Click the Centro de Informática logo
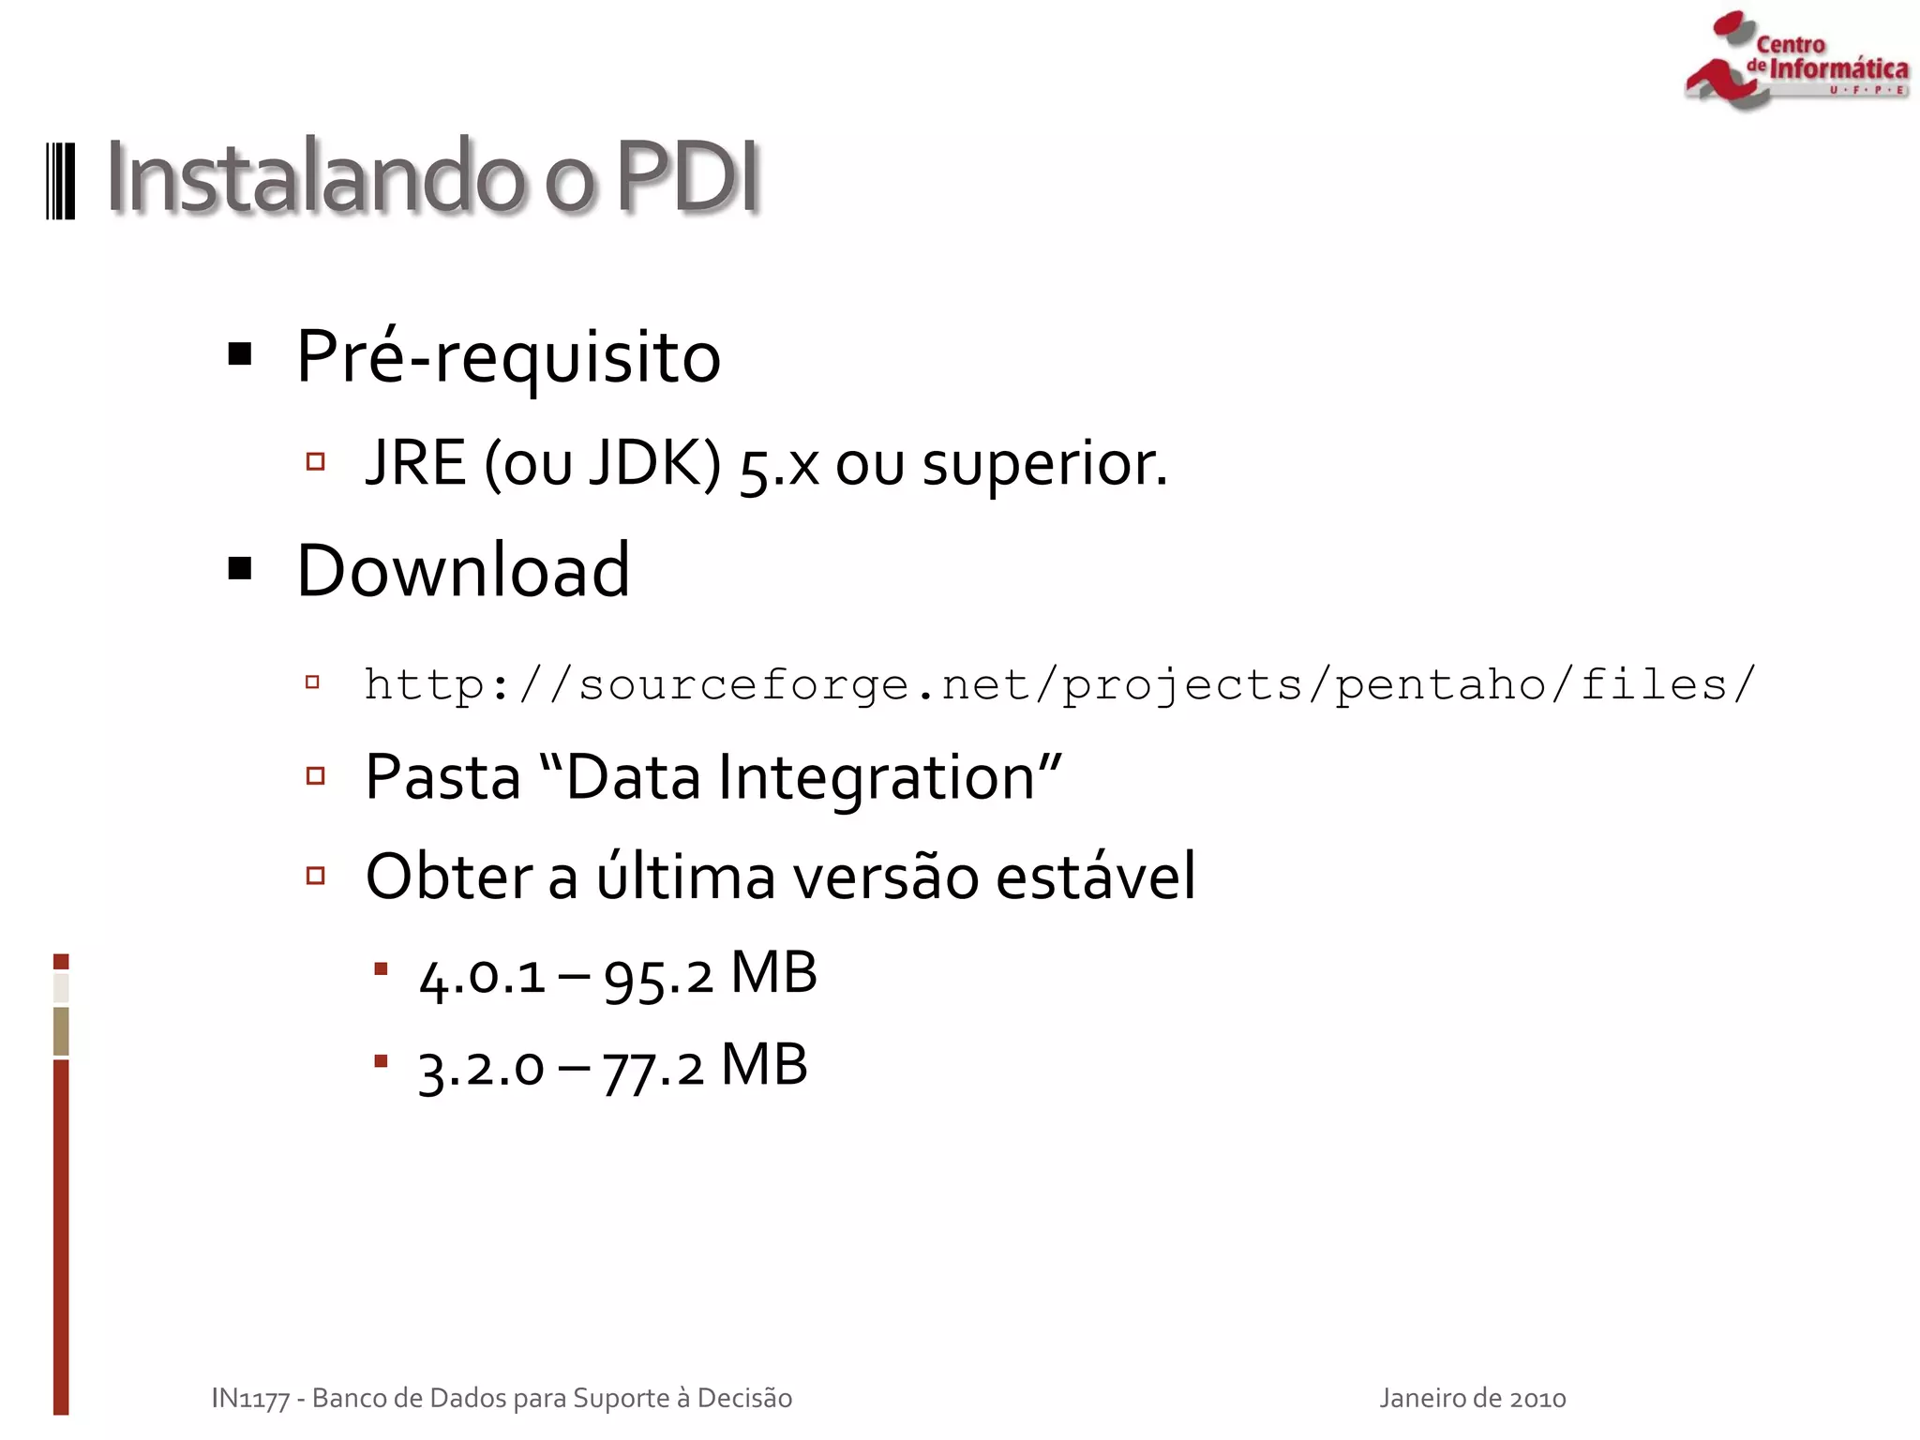click(x=1795, y=62)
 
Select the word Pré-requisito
click(x=508, y=357)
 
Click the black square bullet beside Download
click(x=240, y=568)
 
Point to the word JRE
click(x=415, y=463)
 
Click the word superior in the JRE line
click(x=1042, y=465)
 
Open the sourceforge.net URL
click(x=1059, y=685)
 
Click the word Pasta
click(x=442, y=777)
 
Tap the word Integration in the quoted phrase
click(x=877, y=779)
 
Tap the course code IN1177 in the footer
click(x=250, y=1399)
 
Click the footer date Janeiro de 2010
click(x=1472, y=1399)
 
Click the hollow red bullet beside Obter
click(x=316, y=876)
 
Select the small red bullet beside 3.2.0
click(x=381, y=1061)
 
